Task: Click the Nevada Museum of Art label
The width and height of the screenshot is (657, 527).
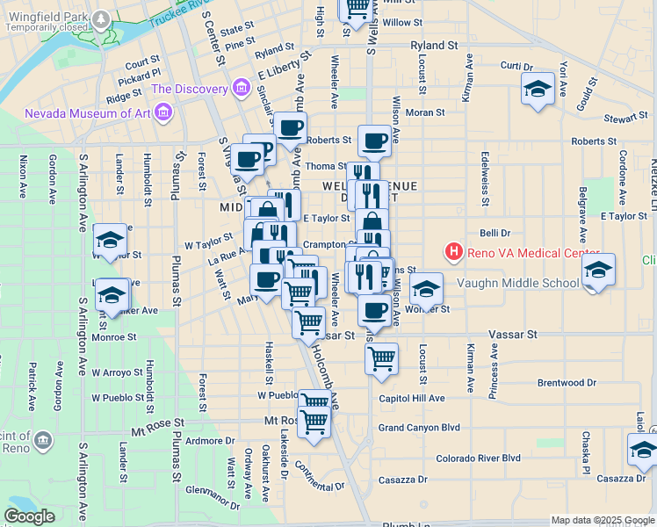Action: point(85,112)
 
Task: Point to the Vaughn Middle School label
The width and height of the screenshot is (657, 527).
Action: point(518,283)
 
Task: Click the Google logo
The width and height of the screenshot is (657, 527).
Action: point(29,516)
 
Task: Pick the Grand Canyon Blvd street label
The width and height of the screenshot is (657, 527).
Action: point(419,428)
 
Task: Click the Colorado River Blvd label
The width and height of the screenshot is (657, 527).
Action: point(479,458)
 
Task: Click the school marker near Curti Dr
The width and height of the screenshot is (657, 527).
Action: point(538,89)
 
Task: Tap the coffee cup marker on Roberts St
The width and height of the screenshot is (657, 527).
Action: point(374,141)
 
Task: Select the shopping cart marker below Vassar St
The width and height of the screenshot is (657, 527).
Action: point(381,357)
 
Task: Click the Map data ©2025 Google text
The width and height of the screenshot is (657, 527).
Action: point(603,520)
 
